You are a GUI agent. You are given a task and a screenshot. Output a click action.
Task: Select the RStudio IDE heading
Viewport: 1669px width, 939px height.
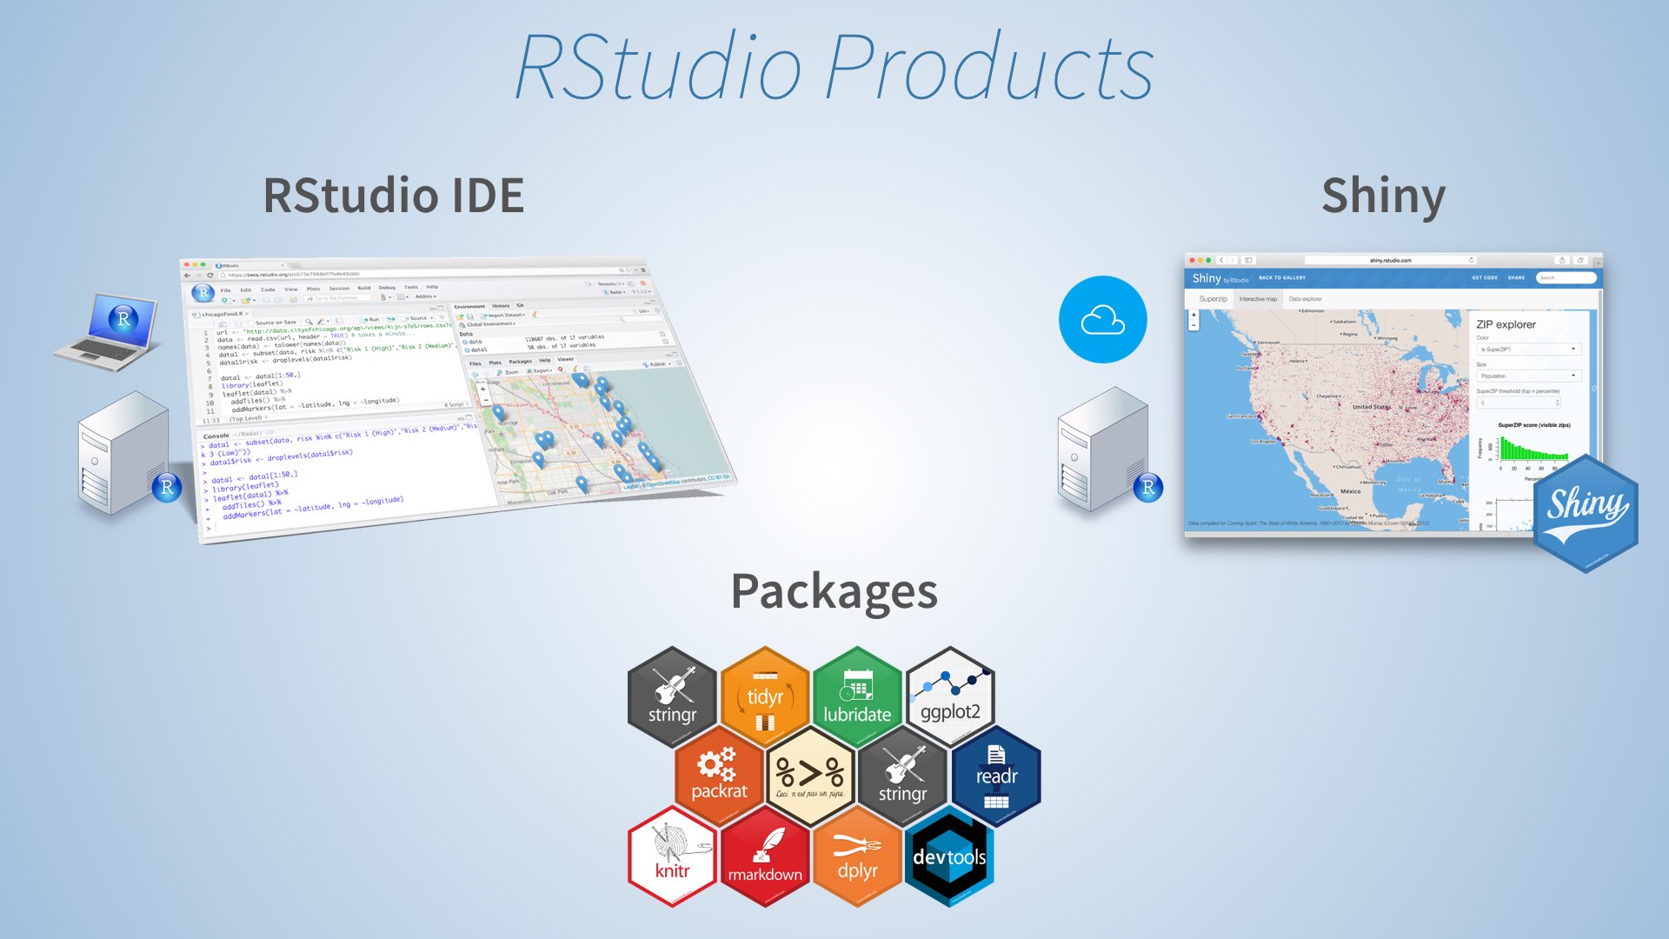tap(393, 195)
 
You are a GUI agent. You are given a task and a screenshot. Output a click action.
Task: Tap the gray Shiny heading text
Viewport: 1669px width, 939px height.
tap(1382, 196)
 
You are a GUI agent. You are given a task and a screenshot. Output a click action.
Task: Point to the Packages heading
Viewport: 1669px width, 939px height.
tap(834, 592)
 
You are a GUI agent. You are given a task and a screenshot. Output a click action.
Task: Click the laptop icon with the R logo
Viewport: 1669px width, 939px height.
tap(109, 331)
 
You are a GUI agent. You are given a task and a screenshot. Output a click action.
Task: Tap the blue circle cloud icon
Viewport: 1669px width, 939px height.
tap(1102, 319)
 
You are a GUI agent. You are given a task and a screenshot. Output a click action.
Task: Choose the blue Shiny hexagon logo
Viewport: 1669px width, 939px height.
tap(1585, 513)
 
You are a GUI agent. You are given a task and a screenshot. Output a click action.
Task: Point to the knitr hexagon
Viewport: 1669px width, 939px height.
tap(672, 856)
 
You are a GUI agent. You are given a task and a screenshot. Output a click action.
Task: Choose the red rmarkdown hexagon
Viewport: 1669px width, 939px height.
tap(765, 856)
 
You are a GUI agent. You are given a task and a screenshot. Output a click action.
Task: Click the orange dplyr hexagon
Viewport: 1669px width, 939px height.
tap(857, 856)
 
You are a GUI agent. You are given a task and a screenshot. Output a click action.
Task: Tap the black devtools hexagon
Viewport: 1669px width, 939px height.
tap(949, 856)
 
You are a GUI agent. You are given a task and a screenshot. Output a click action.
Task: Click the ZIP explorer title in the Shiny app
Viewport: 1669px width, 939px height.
tap(1506, 324)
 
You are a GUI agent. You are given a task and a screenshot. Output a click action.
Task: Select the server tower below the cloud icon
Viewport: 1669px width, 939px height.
tap(1100, 449)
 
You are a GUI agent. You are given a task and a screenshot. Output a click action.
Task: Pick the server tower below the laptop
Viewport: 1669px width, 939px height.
tap(123, 452)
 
